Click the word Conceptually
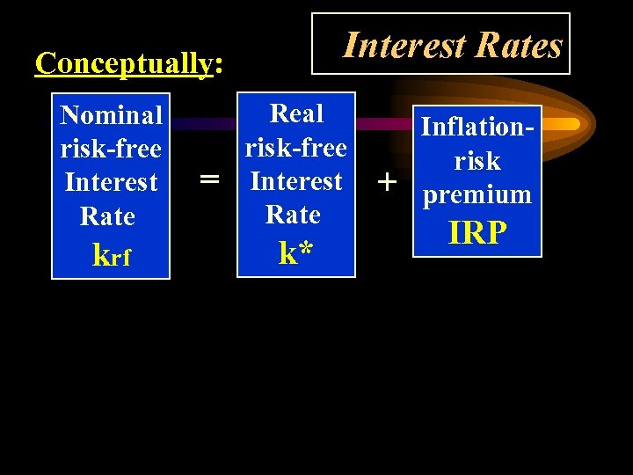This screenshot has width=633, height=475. [x=124, y=63]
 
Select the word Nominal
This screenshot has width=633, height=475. [x=111, y=115]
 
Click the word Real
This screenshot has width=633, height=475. [x=296, y=113]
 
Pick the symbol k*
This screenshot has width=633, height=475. [x=296, y=252]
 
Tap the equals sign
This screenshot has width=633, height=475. [x=209, y=179]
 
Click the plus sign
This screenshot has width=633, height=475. [x=385, y=182]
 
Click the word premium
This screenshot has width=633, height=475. [x=477, y=194]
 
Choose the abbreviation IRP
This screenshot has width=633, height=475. [x=477, y=232]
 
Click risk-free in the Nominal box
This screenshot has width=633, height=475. [x=111, y=149]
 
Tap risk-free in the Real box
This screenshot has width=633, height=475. [x=296, y=147]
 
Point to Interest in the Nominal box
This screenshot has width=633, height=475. [x=111, y=182]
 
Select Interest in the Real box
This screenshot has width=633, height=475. [x=296, y=180]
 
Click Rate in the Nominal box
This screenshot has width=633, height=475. [x=107, y=216]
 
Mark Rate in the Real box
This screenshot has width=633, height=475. [x=293, y=214]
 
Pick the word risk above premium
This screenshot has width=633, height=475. [x=477, y=161]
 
